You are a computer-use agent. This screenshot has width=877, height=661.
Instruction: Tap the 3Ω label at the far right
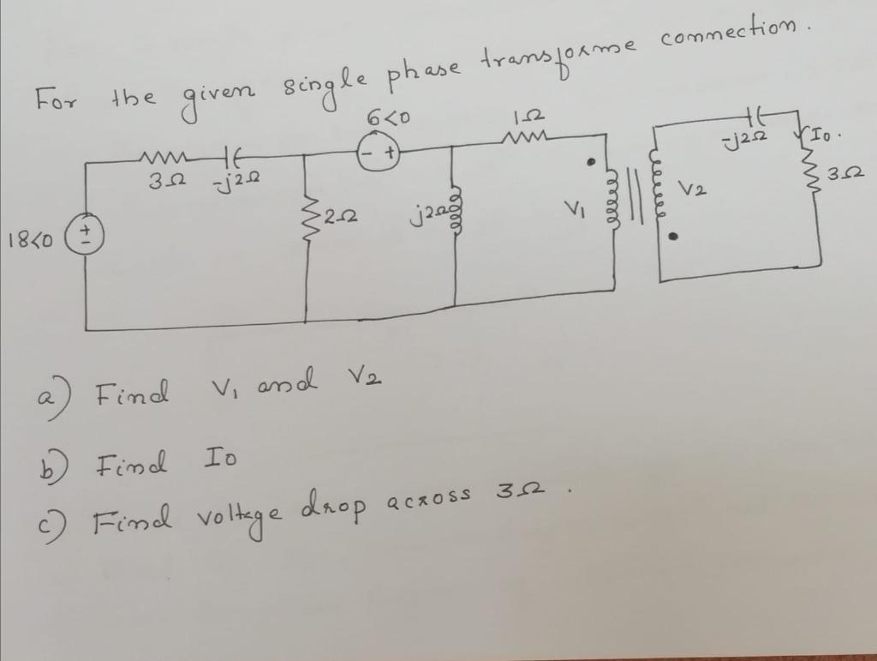(x=850, y=177)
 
